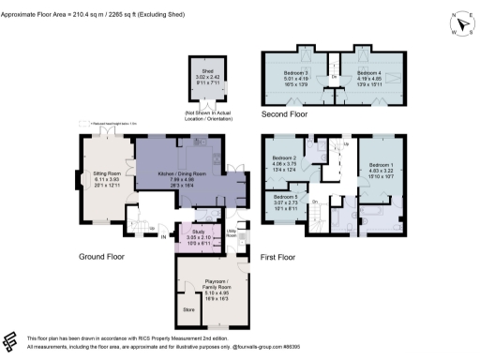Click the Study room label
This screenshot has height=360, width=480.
pyautogui.click(x=198, y=231)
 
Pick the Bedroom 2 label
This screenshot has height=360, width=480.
pyautogui.click(x=285, y=158)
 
